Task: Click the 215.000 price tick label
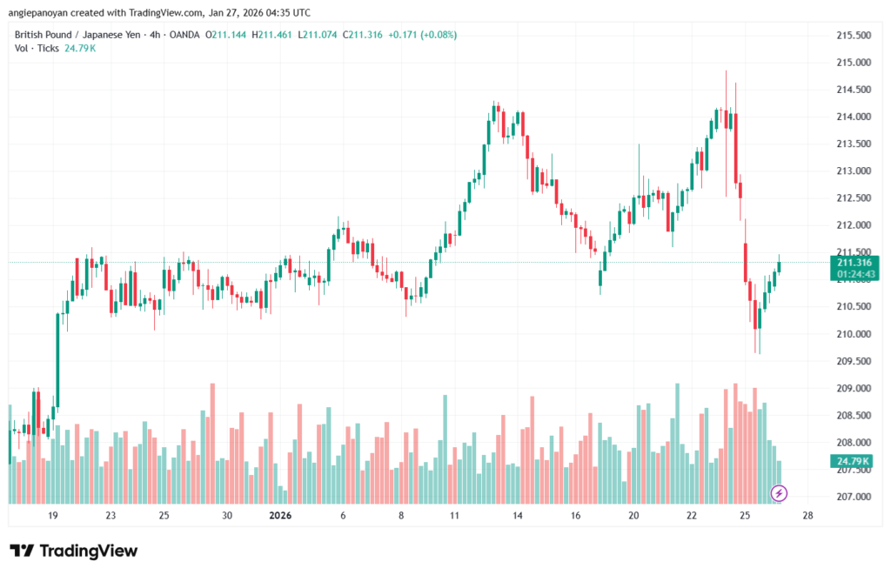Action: pos(853,63)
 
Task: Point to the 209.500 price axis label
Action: pos(853,361)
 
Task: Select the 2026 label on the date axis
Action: pos(280,515)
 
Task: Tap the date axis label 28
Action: pos(807,515)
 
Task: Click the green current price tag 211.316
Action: pos(854,263)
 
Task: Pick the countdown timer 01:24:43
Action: pos(854,274)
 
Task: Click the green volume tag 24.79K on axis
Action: pos(853,460)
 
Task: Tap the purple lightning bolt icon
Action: pos(779,493)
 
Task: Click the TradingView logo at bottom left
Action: pos(73,551)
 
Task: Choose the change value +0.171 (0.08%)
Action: pos(421,35)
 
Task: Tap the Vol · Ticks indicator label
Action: pos(34,48)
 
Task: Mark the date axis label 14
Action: pos(517,515)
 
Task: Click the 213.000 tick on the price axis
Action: pos(853,171)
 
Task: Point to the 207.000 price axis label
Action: pos(853,497)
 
